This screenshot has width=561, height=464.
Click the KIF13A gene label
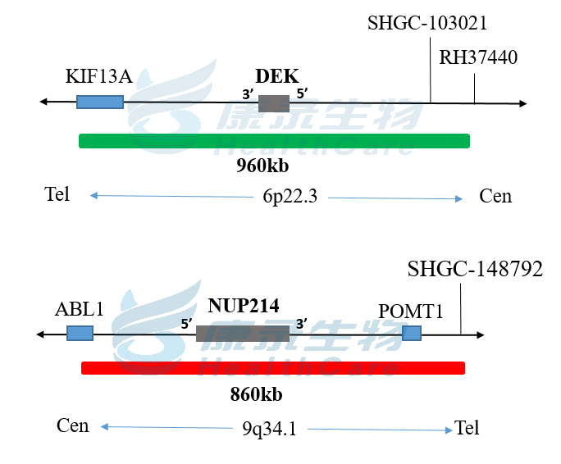pyautogui.click(x=98, y=77)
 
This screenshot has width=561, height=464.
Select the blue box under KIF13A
pyautogui.click(x=100, y=102)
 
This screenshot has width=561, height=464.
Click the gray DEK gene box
pyautogui.click(x=274, y=103)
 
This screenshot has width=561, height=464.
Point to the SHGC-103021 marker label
pyautogui.click(x=427, y=23)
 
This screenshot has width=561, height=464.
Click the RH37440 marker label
pyautogui.click(x=478, y=57)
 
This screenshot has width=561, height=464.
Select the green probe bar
pyautogui.click(x=274, y=141)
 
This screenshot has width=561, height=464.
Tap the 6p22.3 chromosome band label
pyautogui.click(x=290, y=197)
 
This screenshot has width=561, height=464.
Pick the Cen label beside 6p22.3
pyautogui.click(x=495, y=196)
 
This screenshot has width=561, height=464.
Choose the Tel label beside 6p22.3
pyautogui.click(x=57, y=194)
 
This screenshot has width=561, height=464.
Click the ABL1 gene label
pyautogui.click(x=80, y=309)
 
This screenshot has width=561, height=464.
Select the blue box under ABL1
pyautogui.click(x=80, y=333)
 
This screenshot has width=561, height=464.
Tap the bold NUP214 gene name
pyautogui.click(x=244, y=307)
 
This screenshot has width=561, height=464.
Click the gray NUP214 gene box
pyautogui.click(x=243, y=333)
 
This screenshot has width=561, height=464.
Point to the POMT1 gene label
pyautogui.click(x=411, y=312)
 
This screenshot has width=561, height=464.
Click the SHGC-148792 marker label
pyautogui.click(x=475, y=269)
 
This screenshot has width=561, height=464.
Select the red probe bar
pyautogui.click(x=273, y=368)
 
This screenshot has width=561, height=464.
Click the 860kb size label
pyautogui.click(x=257, y=394)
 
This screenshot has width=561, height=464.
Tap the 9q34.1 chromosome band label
pyautogui.click(x=269, y=429)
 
